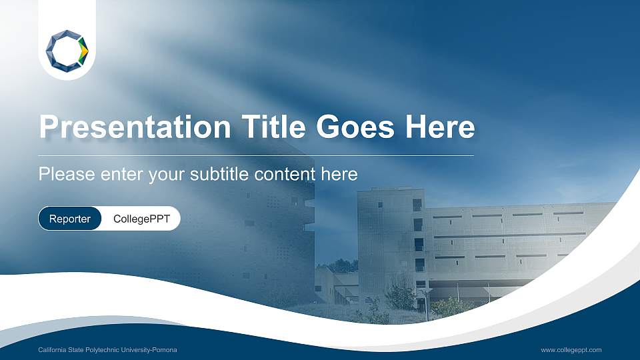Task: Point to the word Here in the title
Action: tap(443, 127)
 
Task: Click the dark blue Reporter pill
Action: tap(70, 219)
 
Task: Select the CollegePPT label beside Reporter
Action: tap(141, 219)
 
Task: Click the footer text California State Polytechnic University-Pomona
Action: tap(107, 350)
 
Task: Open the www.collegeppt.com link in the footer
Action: tap(571, 350)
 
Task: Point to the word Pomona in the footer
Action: tap(165, 350)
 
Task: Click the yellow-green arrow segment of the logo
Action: tap(83, 49)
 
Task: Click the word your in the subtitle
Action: tap(166, 175)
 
